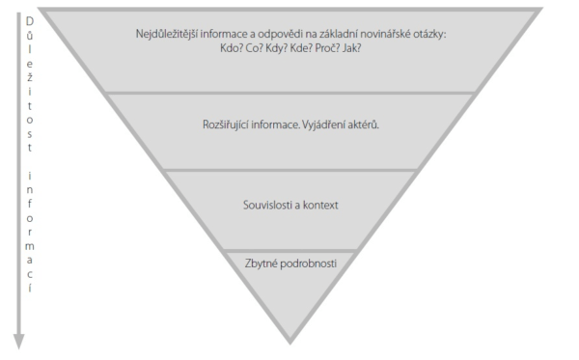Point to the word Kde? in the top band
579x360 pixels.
point(306,47)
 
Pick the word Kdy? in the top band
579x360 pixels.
point(281,47)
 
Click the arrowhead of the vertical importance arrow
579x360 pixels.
point(17,340)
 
